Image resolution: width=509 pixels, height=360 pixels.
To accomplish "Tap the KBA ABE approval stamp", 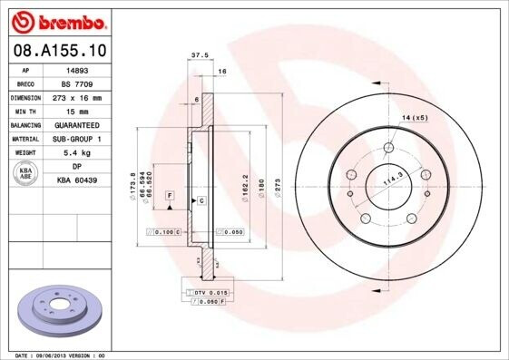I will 25,173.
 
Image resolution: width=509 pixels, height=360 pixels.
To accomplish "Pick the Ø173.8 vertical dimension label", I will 133,186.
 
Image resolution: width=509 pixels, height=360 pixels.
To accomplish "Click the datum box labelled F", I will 170,196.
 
